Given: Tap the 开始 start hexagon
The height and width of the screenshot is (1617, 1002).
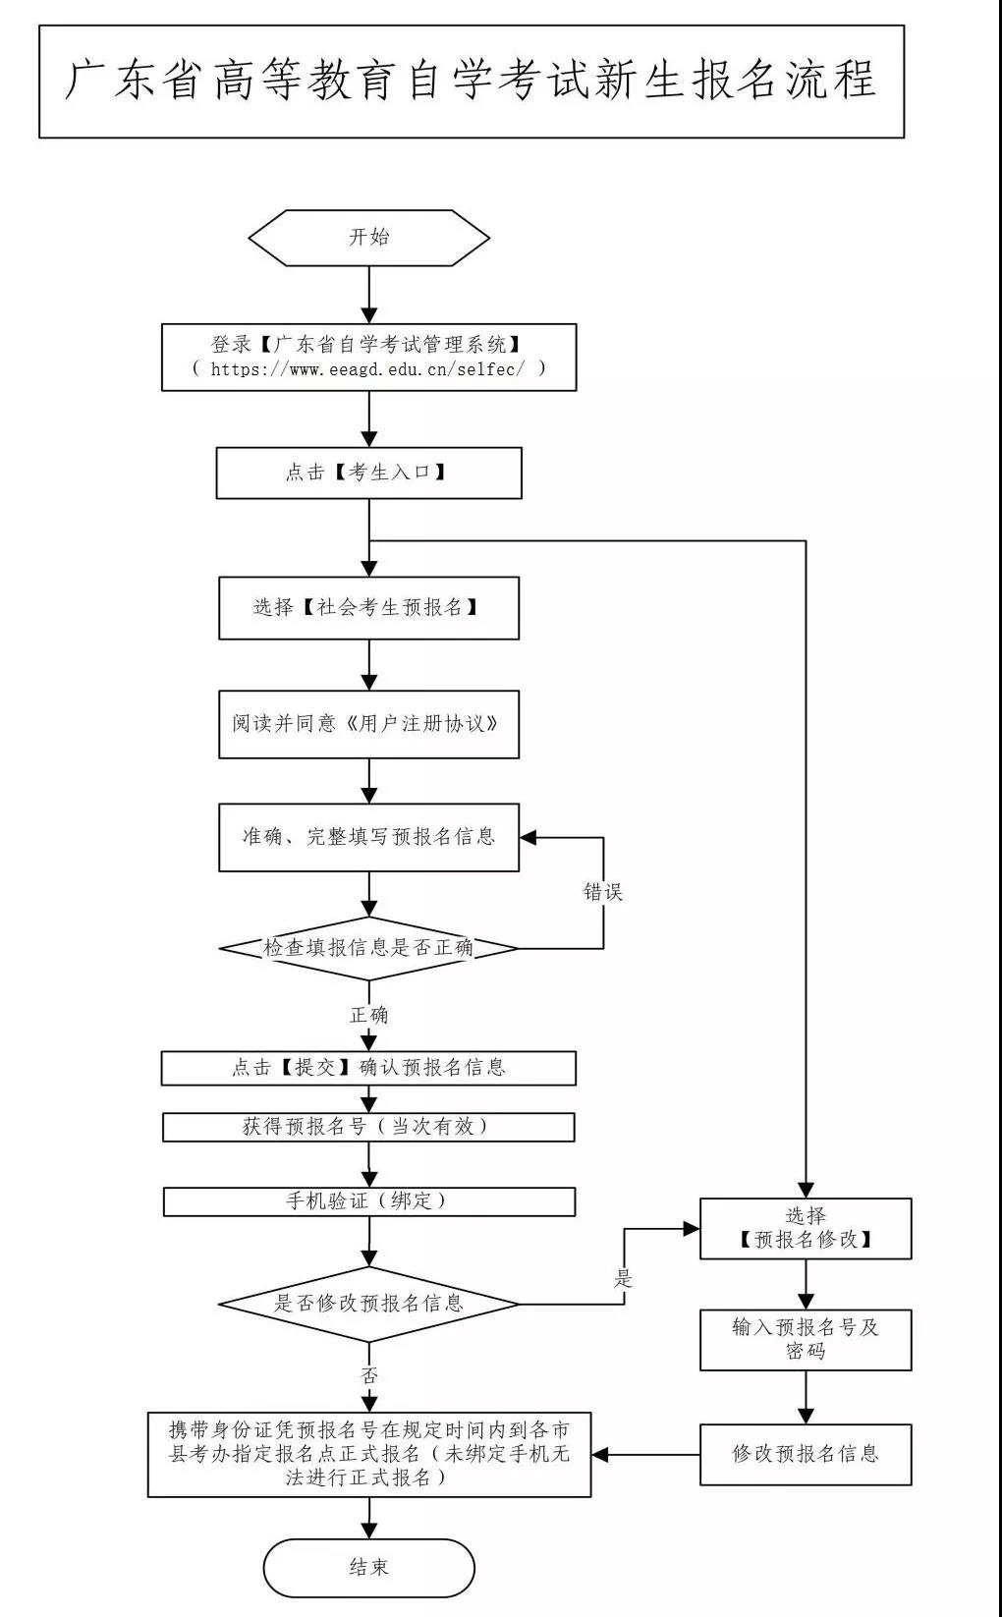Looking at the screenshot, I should pyautogui.click(x=368, y=237).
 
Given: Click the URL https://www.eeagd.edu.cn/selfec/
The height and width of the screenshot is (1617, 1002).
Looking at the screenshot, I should pyautogui.click(x=378, y=369).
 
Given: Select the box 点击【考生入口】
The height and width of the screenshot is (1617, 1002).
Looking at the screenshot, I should pyautogui.click(x=368, y=473).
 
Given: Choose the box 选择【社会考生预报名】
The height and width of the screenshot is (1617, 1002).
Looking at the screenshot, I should pyautogui.click(x=368, y=607).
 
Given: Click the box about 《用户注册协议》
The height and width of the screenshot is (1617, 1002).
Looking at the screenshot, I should pyautogui.click(x=368, y=724).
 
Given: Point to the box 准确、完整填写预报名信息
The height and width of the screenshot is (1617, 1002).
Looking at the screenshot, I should pyautogui.click(x=368, y=837).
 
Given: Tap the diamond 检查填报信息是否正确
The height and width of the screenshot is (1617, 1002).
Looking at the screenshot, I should pyautogui.click(x=368, y=948).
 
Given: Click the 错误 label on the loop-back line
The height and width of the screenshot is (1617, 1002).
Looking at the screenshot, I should pyautogui.click(x=603, y=892).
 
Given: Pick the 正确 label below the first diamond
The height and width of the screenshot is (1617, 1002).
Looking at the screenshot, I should pyautogui.click(x=368, y=1015).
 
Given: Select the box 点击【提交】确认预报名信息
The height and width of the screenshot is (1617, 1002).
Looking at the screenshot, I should pyautogui.click(x=368, y=1068).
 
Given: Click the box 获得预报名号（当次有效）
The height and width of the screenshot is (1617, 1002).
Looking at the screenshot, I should pyautogui.click(x=368, y=1127).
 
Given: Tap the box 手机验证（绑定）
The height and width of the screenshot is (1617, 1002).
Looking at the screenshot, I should pyautogui.click(x=368, y=1200).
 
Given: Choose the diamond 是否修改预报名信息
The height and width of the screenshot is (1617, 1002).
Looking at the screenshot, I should pyautogui.click(x=368, y=1304).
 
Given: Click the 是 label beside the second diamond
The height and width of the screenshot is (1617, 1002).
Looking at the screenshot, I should pyautogui.click(x=624, y=1279).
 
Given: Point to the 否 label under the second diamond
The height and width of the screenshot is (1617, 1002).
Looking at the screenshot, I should pyautogui.click(x=368, y=1375).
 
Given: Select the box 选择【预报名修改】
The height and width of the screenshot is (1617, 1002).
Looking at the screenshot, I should pyautogui.click(x=806, y=1228).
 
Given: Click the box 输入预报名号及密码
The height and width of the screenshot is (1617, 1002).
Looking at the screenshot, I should pyautogui.click(x=806, y=1339).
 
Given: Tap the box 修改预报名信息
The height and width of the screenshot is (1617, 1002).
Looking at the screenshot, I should pyautogui.click(x=806, y=1454).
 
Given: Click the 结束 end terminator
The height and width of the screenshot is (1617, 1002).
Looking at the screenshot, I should pyautogui.click(x=368, y=1567).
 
